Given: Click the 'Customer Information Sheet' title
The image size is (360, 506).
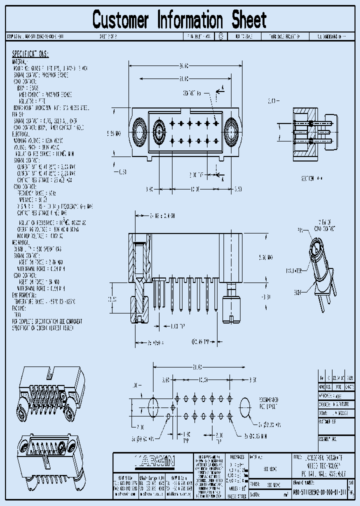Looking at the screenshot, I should pyautogui.click(x=179, y=20).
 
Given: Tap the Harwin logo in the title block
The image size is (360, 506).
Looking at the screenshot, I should pyautogui.click(x=154, y=461).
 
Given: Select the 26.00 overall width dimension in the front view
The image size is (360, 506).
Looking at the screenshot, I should pyautogui.click(x=183, y=65).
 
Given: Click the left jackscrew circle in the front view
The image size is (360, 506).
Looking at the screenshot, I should pyautogui.click(x=138, y=133).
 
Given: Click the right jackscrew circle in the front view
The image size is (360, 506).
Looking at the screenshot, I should pyautogui.click(x=232, y=133).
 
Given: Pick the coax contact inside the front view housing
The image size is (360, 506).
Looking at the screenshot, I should pyautogui.click(x=159, y=133).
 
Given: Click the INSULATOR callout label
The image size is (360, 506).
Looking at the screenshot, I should pyautogui.click(x=294, y=270).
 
